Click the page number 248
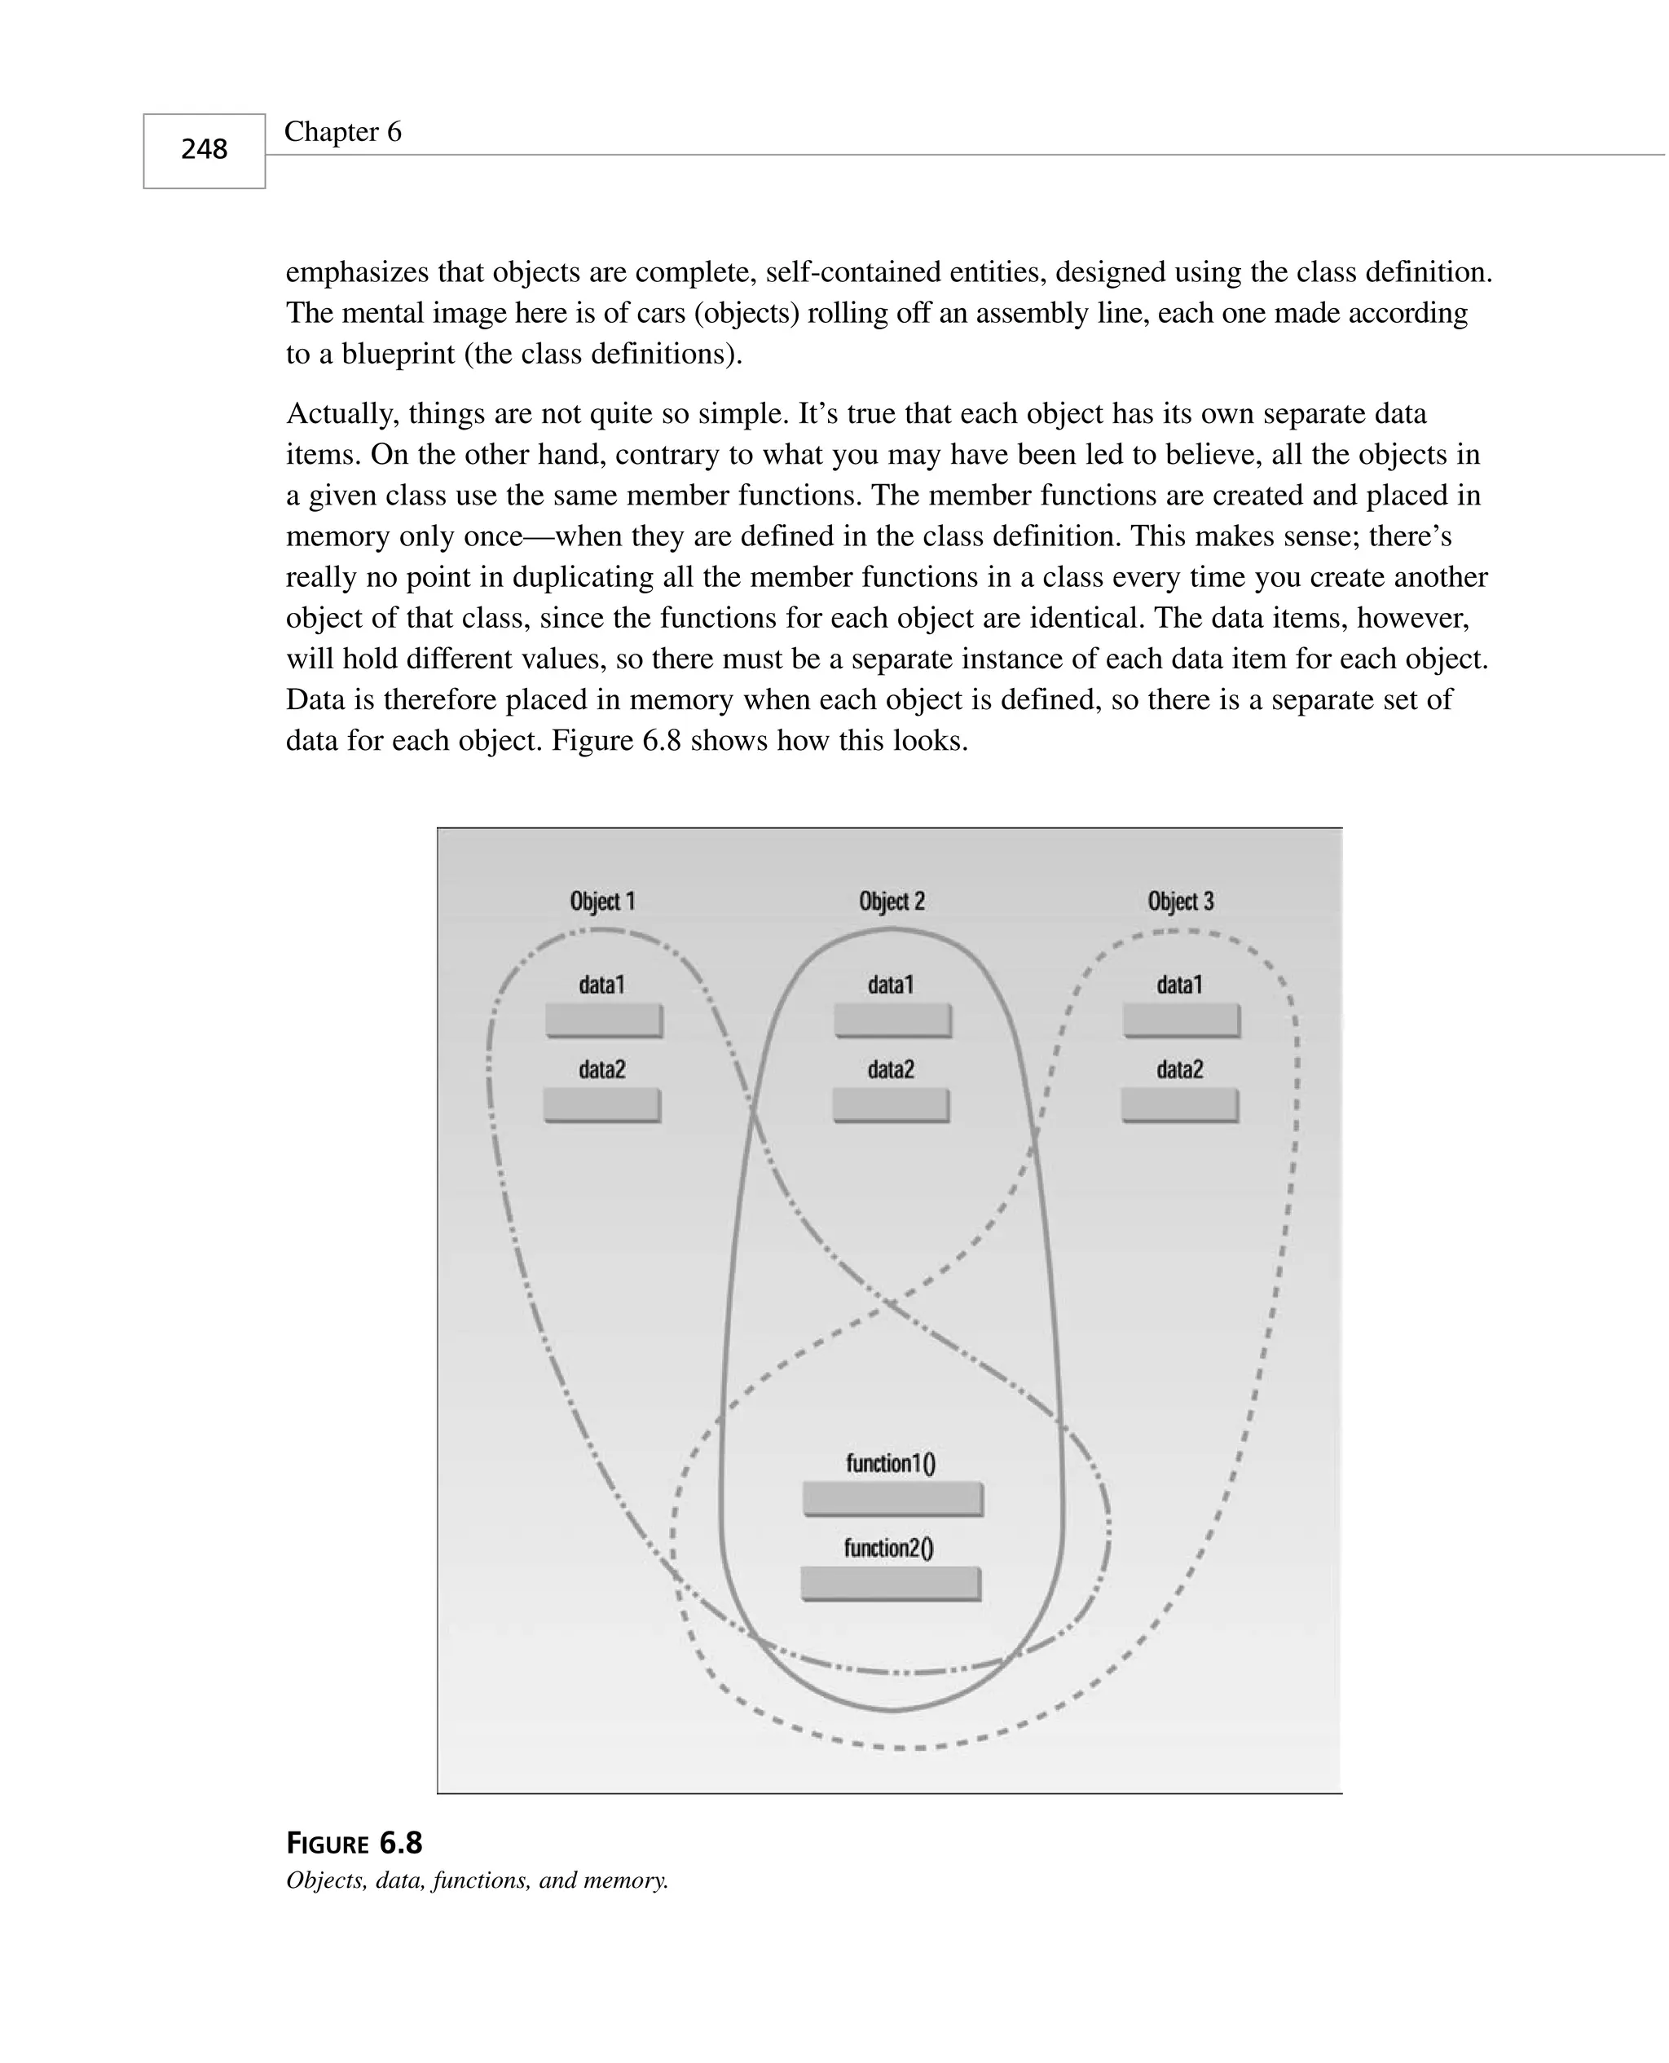coord(204,149)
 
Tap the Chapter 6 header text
coord(342,132)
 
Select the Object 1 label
coord(602,901)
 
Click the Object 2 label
coord(892,901)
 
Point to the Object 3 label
coord(1181,901)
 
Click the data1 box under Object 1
coord(604,1020)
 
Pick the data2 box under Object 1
coord(602,1104)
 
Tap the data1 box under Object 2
coord(892,1020)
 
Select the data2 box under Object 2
coord(890,1104)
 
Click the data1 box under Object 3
coord(1182,1020)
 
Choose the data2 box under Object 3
coord(1180,1104)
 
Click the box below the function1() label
coord(892,1499)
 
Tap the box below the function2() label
coord(890,1583)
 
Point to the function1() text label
coord(890,1463)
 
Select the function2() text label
coord(888,1548)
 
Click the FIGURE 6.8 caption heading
coord(354,1843)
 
